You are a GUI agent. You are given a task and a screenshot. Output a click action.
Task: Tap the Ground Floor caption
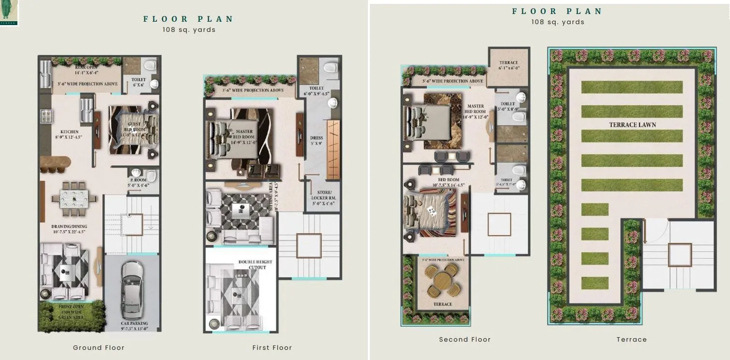click(x=98, y=347)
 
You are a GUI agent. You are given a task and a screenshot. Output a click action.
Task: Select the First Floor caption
click(x=272, y=347)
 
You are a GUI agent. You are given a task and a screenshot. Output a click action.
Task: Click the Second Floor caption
click(x=464, y=339)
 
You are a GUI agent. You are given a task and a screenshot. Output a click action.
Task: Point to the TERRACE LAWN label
click(x=632, y=125)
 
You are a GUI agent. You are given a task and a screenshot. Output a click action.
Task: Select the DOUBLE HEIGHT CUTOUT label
click(x=255, y=264)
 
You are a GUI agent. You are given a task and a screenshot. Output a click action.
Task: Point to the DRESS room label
click(x=316, y=140)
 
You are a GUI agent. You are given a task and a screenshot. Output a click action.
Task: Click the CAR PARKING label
click(x=134, y=326)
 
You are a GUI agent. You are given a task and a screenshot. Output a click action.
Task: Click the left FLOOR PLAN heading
click(x=188, y=19)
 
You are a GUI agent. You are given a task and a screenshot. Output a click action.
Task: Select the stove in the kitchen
click(x=47, y=116)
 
